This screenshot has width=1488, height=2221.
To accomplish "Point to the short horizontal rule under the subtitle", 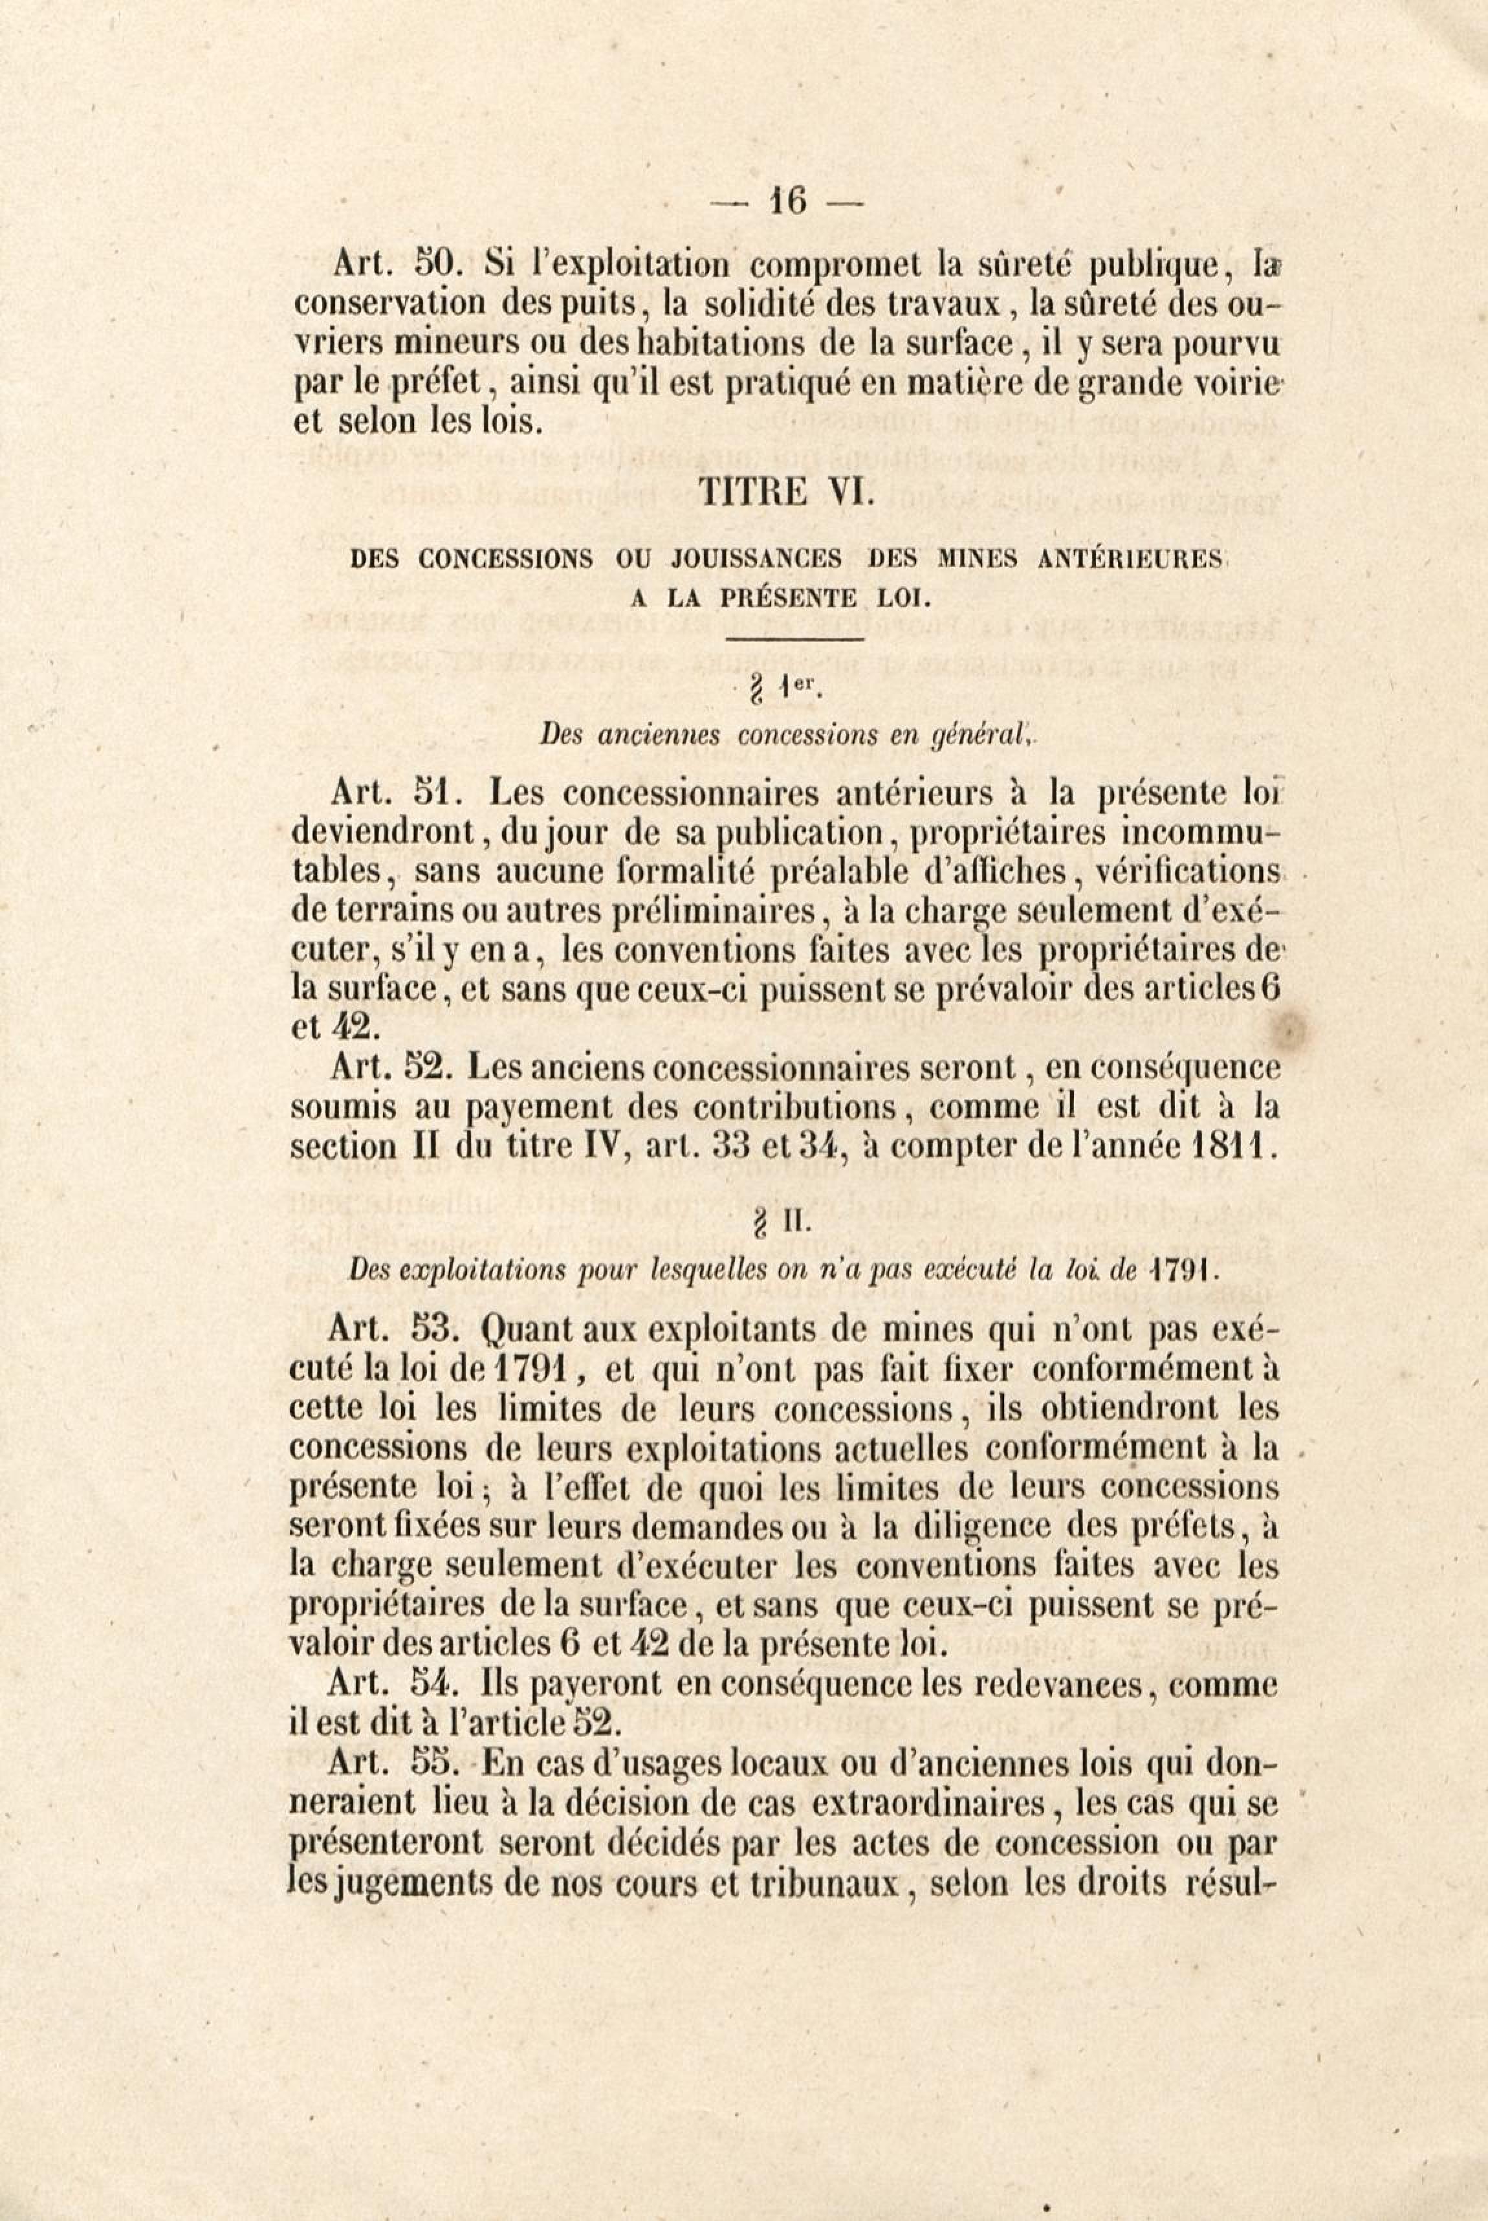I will pos(793,641).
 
